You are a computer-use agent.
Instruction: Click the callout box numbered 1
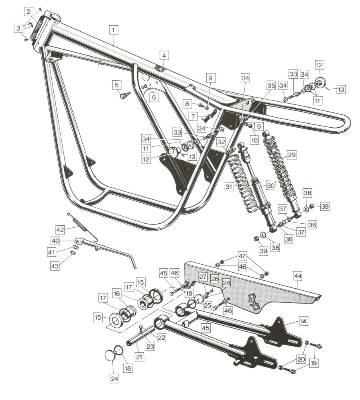[114, 30]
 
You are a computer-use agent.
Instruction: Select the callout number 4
[164, 55]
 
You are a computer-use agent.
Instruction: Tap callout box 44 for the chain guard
[298, 276]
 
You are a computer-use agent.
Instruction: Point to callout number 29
[292, 155]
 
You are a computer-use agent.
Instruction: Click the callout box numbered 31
[229, 187]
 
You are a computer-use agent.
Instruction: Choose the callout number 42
[60, 230]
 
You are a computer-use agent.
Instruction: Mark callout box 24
[114, 379]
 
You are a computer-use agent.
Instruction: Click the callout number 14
[303, 321]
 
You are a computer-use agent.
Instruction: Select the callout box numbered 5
[117, 85]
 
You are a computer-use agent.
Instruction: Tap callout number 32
[221, 142]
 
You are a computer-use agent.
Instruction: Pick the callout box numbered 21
[139, 356]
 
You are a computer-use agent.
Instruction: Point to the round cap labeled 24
[110, 355]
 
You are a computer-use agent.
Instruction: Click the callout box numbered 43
[55, 266]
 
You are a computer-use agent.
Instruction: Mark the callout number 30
[271, 186]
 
